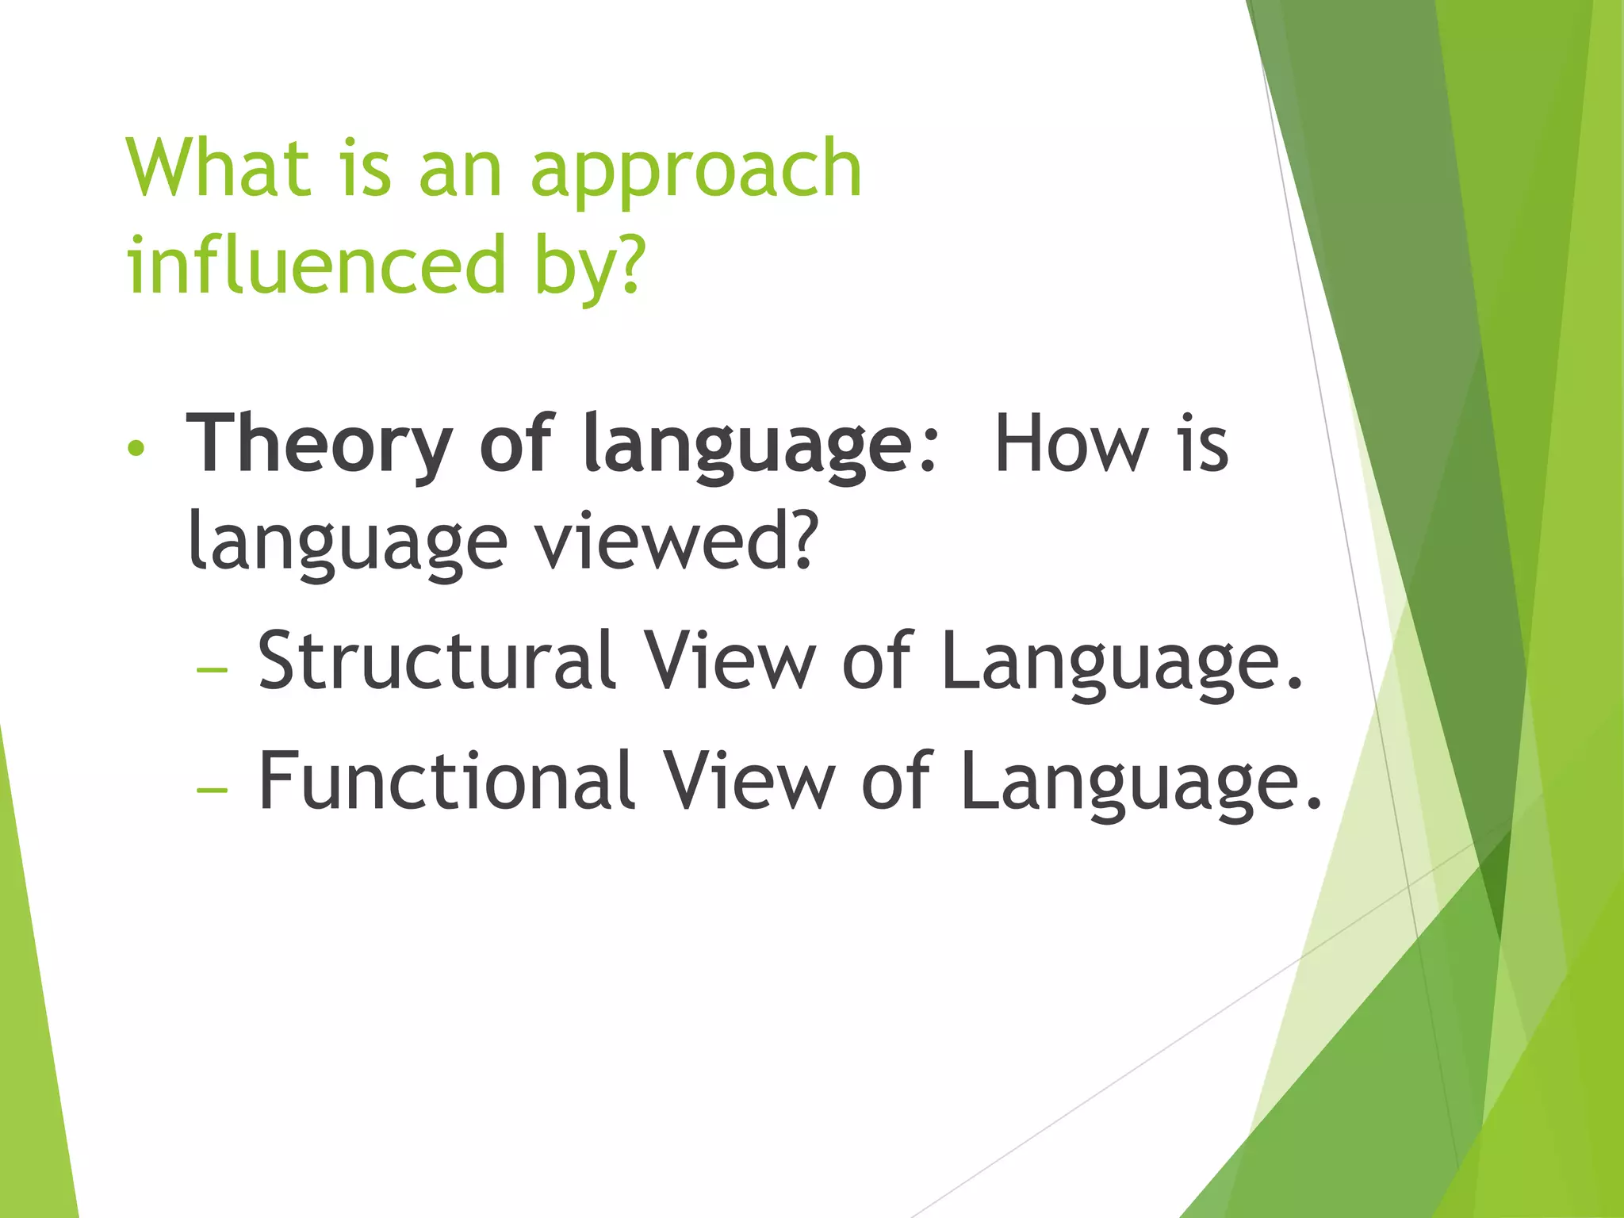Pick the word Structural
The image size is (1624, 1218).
[437, 660]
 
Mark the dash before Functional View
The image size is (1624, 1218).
[212, 791]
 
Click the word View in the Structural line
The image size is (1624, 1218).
[728, 660]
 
